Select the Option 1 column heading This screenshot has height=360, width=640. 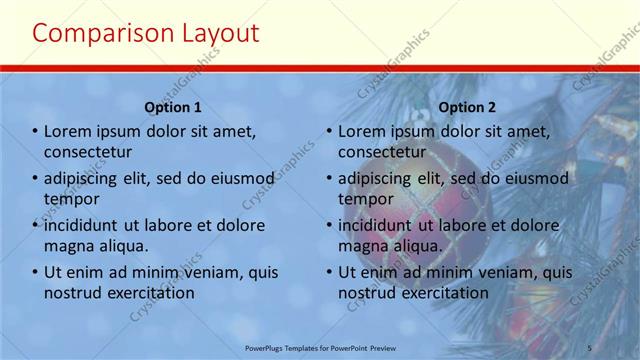(x=173, y=107)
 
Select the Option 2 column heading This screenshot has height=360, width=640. (x=467, y=107)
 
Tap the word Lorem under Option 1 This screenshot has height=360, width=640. (x=68, y=132)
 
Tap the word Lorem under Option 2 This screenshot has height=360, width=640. (x=362, y=132)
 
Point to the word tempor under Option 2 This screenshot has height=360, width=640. (x=366, y=198)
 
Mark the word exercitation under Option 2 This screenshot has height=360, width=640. (x=443, y=292)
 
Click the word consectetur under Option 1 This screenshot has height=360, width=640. (x=88, y=152)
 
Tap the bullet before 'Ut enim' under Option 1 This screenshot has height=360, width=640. (x=35, y=272)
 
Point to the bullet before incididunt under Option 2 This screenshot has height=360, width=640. (x=329, y=225)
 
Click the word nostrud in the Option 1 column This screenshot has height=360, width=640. (x=72, y=292)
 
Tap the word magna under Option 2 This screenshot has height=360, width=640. (x=363, y=244)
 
